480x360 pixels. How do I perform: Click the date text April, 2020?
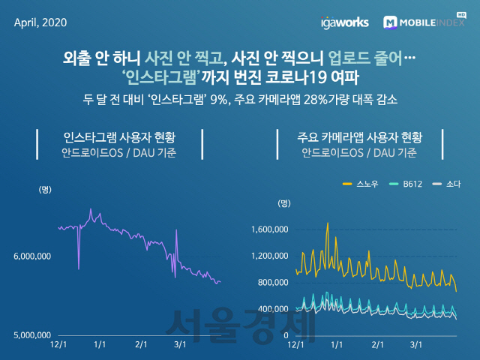40,22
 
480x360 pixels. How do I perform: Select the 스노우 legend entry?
363,183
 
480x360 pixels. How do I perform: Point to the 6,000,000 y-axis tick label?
32,256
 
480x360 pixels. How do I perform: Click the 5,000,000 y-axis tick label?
32,335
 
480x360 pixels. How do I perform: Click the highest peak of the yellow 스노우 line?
327,223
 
